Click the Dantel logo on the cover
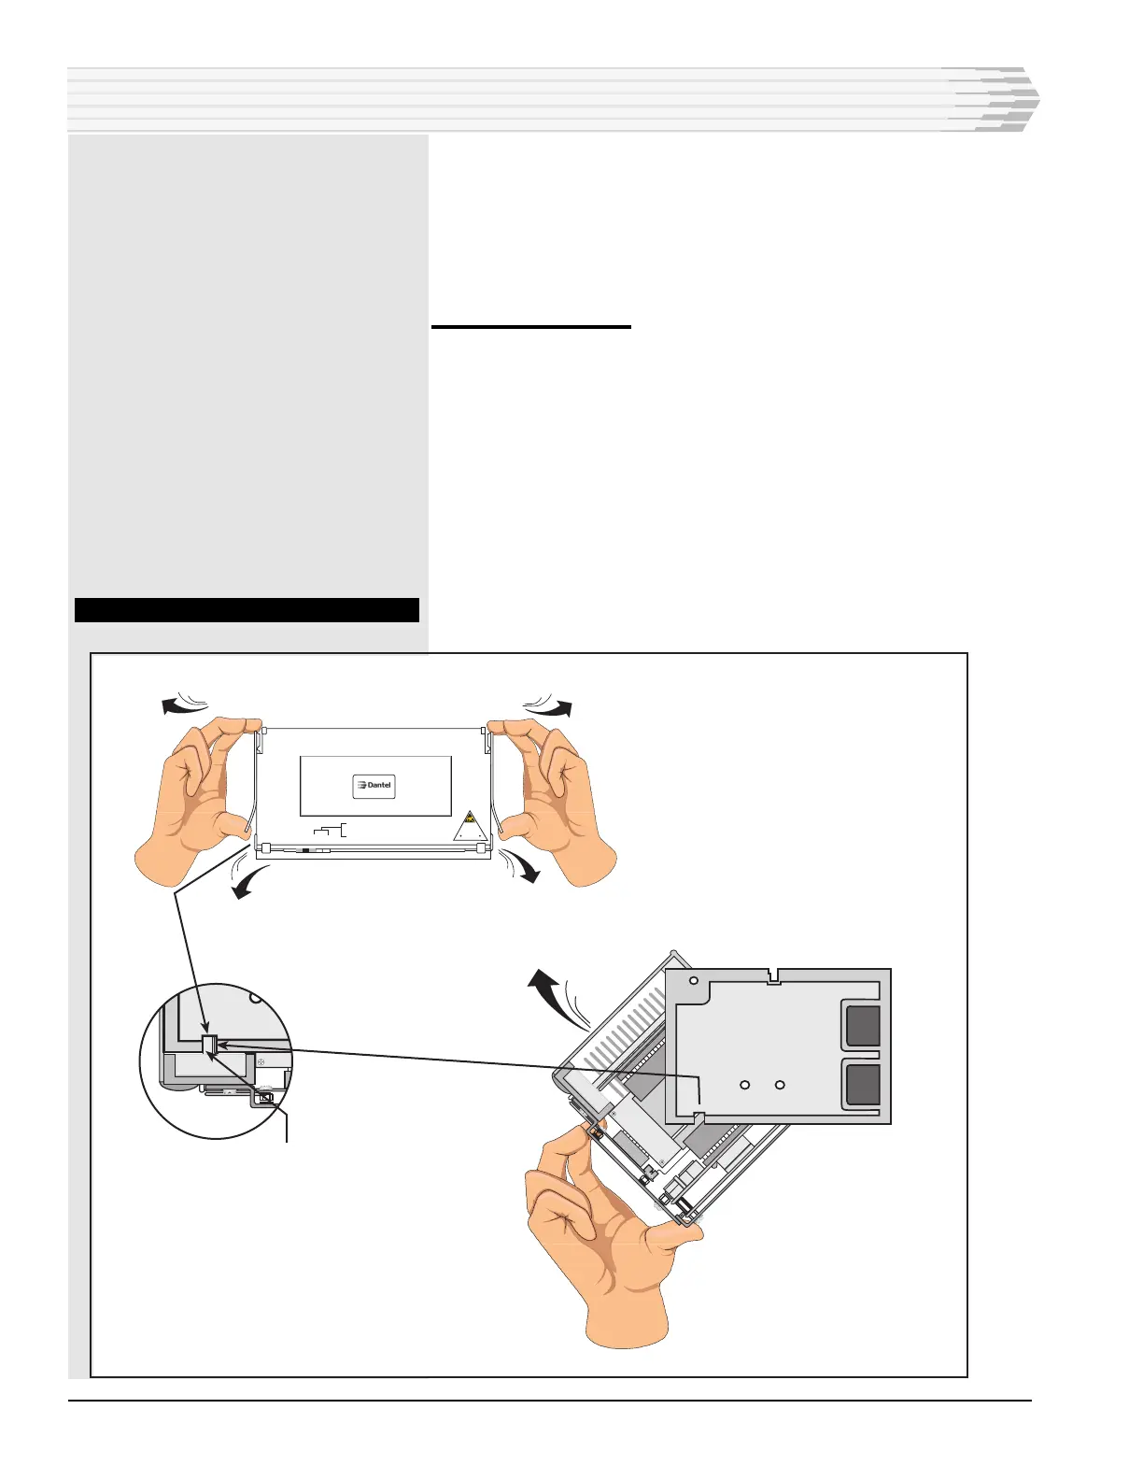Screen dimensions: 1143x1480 374,786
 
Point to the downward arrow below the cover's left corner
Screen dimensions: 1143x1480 248,883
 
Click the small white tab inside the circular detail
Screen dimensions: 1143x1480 209,1046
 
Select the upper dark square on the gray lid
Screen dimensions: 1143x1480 863,1025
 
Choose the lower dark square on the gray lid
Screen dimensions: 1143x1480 863,1085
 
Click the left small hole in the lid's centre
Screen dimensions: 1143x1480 745,1085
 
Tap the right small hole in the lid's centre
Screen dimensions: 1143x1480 781,1085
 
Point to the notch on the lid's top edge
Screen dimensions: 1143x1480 773,976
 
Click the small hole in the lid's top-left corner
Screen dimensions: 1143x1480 694,982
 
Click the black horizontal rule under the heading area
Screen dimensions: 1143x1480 531,327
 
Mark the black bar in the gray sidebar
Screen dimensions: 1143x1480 247,610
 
